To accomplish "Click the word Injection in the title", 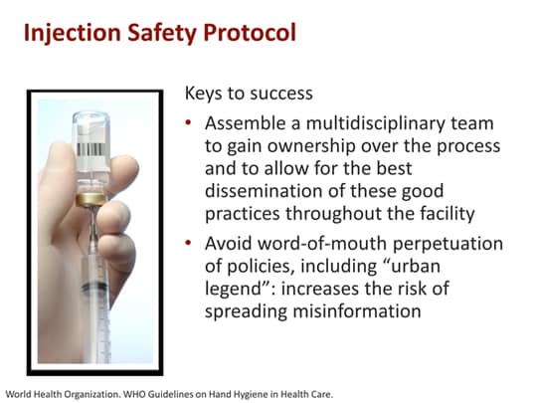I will (68, 32).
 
